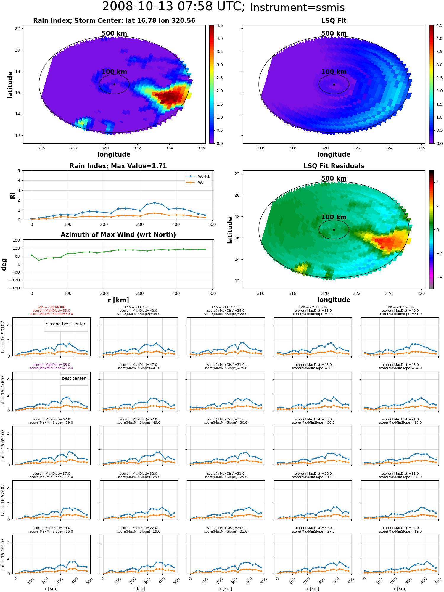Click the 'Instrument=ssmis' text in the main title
[x=297, y=8]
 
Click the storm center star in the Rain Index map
[x=114, y=84]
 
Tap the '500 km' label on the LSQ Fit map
[x=334, y=33]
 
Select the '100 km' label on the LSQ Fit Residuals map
[x=334, y=217]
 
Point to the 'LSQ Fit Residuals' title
[x=334, y=166]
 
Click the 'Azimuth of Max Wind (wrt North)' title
[x=118, y=235]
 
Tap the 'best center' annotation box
[x=74, y=378]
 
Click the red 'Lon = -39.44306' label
[x=52, y=307]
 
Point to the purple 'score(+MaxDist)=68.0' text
[x=52, y=365]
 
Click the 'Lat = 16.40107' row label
[x=3, y=554]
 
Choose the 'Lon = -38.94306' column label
[x=400, y=307]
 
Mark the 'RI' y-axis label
[x=12, y=196]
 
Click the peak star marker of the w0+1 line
[x=155, y=203]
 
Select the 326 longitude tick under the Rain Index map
[x=201, y=148]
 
